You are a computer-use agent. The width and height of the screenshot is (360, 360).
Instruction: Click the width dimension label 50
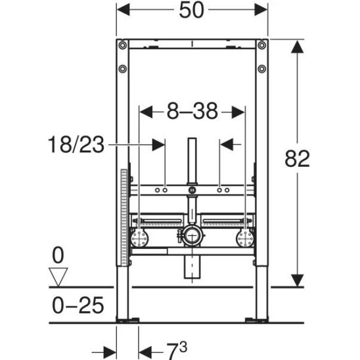[191, 10]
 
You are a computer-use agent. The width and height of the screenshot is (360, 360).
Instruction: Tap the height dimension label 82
[297, 158]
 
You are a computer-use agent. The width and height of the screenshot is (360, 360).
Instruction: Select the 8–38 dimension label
[192, 111]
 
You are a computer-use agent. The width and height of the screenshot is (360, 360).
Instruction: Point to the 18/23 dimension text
[76, 145]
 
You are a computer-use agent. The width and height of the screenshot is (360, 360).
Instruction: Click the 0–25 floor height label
[78, 305]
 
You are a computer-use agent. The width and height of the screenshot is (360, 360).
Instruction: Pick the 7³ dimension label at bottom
[177, 351]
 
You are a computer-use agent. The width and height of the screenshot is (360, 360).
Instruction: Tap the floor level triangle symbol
[58, 277]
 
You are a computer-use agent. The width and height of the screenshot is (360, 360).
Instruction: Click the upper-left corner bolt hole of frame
[123, 45]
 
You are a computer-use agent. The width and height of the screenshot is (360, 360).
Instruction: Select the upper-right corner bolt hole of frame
[261, 45]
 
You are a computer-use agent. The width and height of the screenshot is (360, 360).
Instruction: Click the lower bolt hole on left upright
[123, 68]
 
